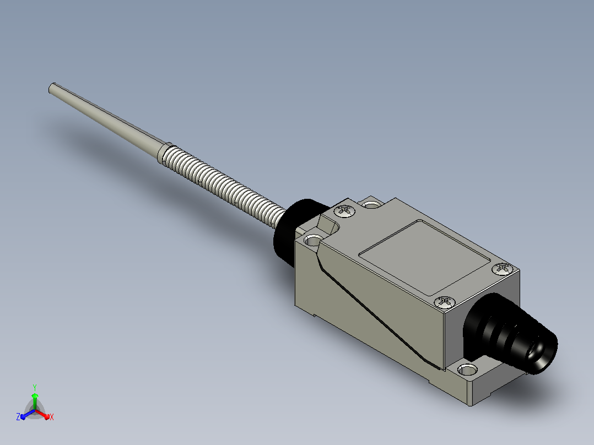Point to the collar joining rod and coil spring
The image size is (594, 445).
click(164, 153)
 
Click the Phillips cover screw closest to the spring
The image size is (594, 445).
click(345, 211)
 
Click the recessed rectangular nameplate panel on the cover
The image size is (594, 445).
click(425, 258)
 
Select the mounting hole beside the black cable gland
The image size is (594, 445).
click(467, 369)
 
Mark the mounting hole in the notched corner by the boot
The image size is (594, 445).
click(314, 240)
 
